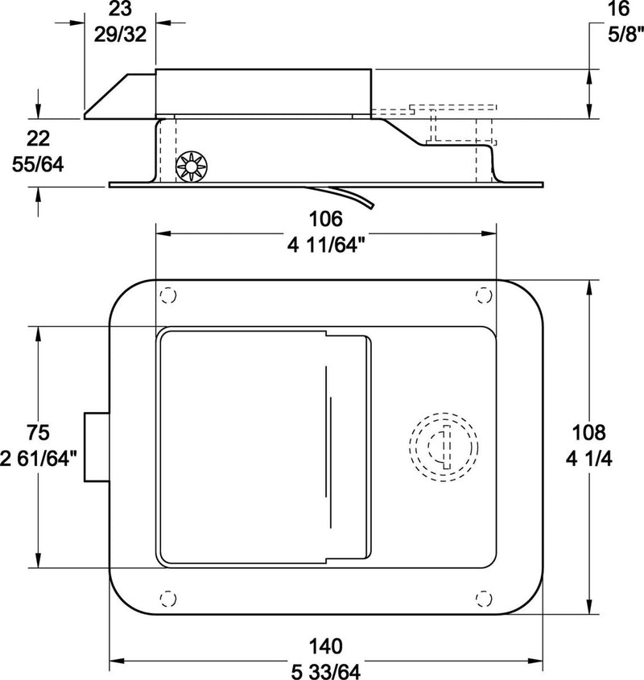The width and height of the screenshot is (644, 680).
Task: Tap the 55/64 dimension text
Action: [39, 164]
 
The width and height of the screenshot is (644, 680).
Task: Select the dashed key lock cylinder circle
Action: [444, 447]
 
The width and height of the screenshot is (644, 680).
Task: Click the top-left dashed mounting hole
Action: [167, 295]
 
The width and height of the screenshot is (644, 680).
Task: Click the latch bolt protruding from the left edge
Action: [95, 447]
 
